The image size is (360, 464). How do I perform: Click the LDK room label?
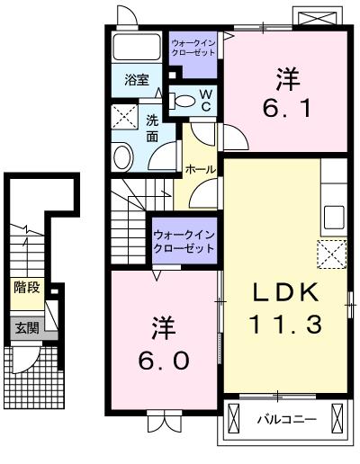[285, 292]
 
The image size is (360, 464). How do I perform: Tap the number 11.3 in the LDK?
[285, 324]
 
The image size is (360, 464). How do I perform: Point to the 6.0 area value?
[164, 360]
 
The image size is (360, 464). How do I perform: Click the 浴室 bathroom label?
[137, 80]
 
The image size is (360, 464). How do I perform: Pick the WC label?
[205, 101]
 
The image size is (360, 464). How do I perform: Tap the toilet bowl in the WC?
[184, 101]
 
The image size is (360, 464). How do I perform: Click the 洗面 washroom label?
[152, 129]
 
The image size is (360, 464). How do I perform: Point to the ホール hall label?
[201, 170]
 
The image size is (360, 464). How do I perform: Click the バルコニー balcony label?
[287, 419]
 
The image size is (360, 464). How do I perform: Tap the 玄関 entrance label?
[27, 327]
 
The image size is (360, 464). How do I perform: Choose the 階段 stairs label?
[27, 288]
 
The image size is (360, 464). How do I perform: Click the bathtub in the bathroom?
[137, 47]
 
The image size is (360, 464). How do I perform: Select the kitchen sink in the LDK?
[334, 218]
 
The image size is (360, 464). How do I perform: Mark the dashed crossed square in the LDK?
[332, 254]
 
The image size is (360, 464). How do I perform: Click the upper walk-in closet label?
[193, 48]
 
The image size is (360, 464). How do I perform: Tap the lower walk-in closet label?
[184, 242]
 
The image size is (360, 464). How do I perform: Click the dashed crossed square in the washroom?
[125, 117]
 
